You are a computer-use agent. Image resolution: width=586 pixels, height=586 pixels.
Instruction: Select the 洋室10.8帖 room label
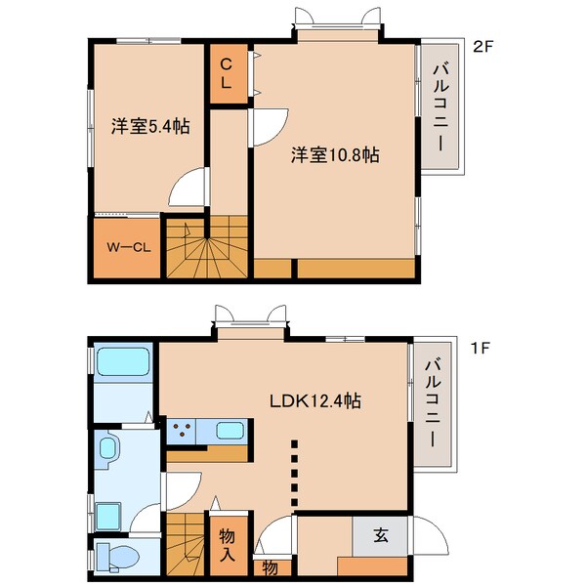click(335, 154)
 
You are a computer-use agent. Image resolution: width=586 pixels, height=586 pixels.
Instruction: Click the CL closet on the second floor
click(226, 74)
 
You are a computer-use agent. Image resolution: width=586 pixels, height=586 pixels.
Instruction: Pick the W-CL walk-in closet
click(126, 246)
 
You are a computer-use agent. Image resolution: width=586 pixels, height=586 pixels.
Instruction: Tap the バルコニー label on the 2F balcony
click(440, 106)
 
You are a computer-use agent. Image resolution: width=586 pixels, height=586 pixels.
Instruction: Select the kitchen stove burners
click(182, 430)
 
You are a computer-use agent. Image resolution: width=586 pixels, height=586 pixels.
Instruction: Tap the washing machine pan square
click(106, 512)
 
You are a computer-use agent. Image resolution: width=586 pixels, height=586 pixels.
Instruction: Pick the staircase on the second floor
click(207, 249)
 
